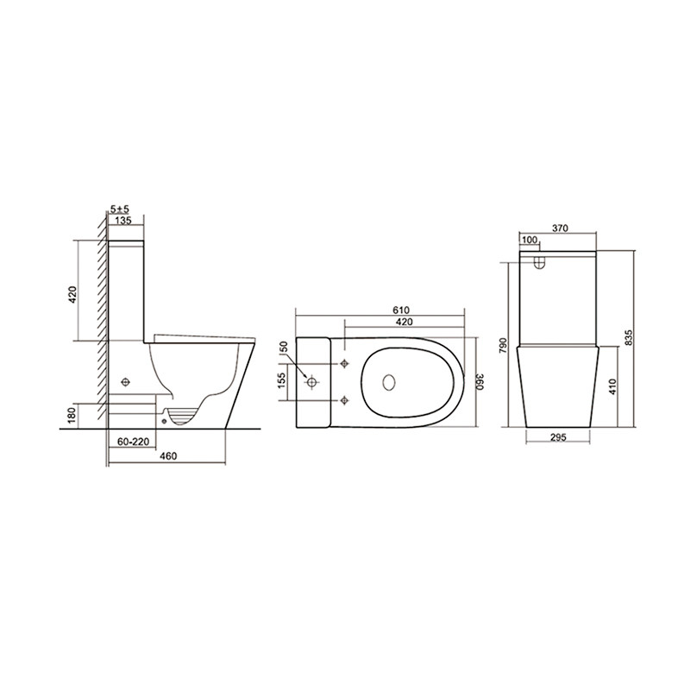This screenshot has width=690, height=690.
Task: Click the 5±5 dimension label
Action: pos(119,210)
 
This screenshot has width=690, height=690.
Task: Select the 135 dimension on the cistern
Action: pos(123,221)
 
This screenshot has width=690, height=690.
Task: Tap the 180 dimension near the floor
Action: pos(72,415)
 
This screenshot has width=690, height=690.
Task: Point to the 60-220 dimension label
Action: pos(134,442)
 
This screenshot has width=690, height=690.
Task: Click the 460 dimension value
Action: pos(168,456)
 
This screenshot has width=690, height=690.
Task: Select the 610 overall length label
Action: pos(401,310)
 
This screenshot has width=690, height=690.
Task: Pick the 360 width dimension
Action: pos(480,381)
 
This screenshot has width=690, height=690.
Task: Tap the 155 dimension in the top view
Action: pos(282,380)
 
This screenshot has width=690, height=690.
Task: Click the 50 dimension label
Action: pos(284,347)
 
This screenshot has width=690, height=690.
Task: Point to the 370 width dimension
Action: pos(560,229)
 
